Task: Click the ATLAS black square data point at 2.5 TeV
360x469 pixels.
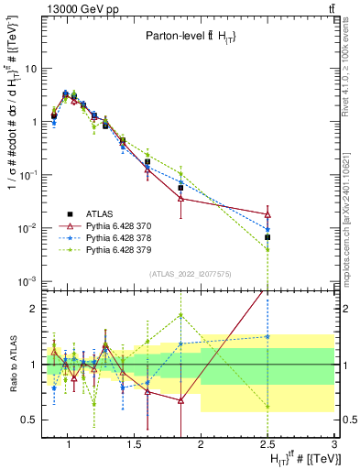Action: (x=267, y=237)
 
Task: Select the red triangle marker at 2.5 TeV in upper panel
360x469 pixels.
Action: (x=267, y=214)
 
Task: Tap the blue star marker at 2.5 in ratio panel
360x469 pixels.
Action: (x=267, y=336)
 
